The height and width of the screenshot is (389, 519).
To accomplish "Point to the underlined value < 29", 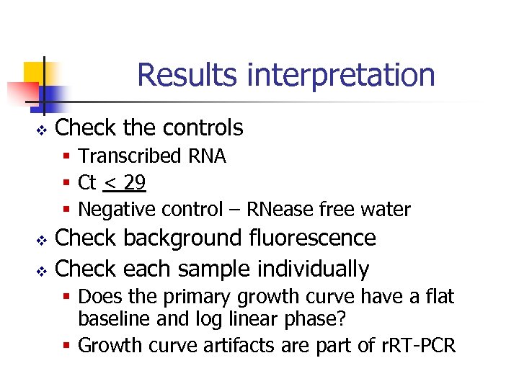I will [125, 183].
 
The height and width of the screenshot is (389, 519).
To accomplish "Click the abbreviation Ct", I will [87, 183].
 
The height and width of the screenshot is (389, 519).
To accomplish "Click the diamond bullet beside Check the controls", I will [41, 130].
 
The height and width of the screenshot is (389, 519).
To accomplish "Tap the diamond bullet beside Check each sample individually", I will [41, 270].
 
